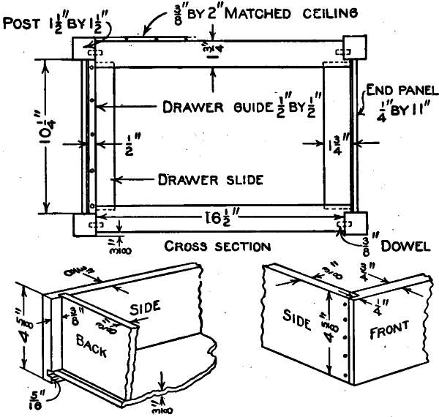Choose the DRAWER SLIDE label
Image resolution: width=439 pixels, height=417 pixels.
211,179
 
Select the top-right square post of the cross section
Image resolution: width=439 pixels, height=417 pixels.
354,46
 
